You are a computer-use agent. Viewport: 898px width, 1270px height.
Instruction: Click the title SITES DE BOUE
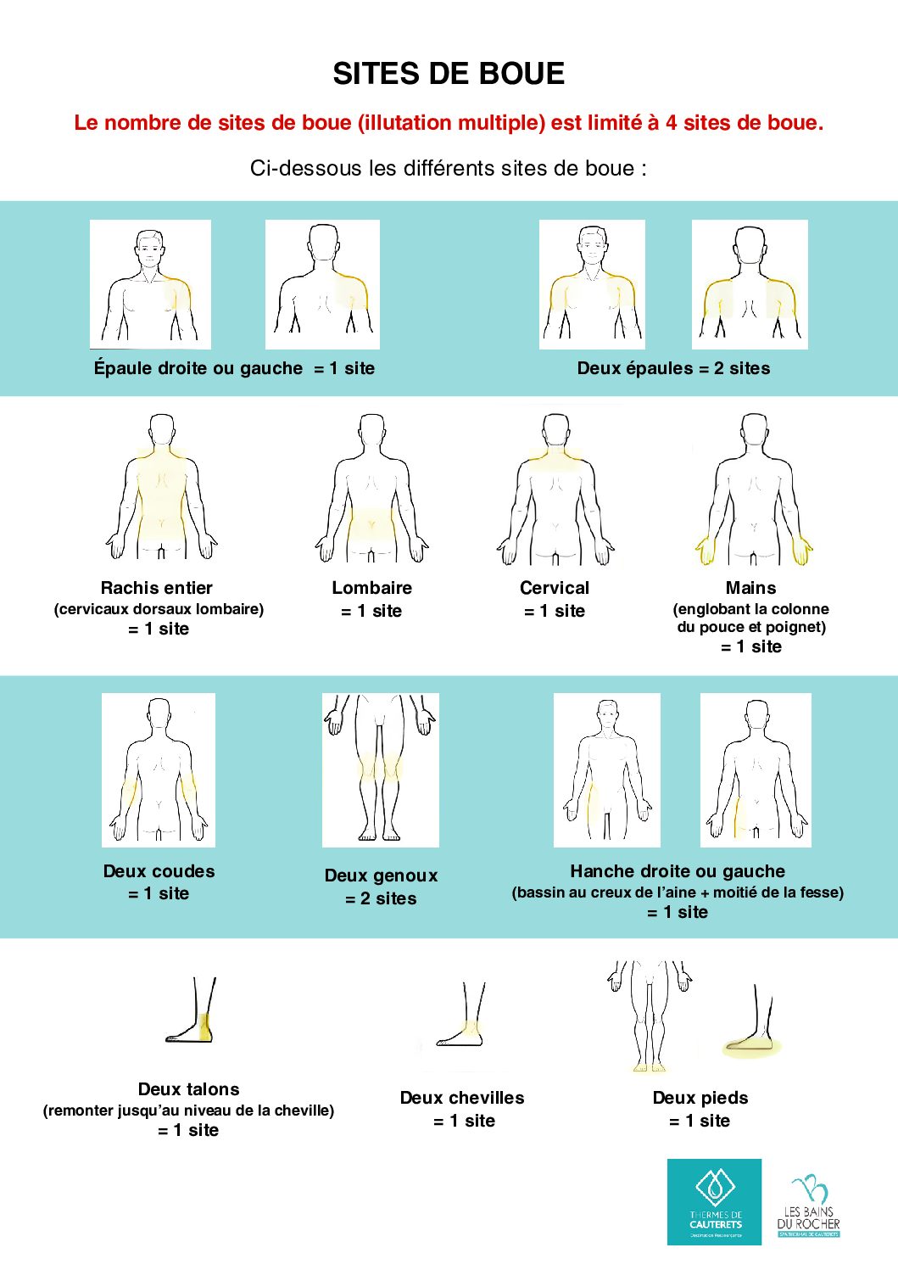click(x=449, y=74)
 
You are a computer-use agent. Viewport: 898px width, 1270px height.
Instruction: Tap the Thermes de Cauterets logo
click(x=714, y=1201)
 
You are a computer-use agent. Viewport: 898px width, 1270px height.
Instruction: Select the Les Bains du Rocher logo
click(x=808, y=1206)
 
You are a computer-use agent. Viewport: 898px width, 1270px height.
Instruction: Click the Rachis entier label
click(x=157, y=588)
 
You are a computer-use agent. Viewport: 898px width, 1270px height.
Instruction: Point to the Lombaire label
click(x=371, y=588)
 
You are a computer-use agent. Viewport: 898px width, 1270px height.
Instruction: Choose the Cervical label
click(x=555, y=588)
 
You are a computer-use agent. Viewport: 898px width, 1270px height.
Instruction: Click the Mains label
click(x=750, y=588)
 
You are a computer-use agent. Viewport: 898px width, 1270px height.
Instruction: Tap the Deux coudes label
click(x=159, y=871)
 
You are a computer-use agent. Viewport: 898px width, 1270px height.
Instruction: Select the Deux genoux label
click(x=381, y=876)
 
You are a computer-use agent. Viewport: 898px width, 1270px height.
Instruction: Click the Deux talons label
click(x=188, y=1089)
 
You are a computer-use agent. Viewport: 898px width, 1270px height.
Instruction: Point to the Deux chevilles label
click(x=462, y=1098)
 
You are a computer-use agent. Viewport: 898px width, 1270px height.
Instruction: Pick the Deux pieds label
click(x=700, y=1098)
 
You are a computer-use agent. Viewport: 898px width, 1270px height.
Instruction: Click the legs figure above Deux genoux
click(x=380, y=769)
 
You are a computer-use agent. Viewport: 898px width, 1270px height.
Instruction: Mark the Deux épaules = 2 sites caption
click(x=673, y=368)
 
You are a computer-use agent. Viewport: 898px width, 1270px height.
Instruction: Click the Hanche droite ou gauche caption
click(x=677, y=871)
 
